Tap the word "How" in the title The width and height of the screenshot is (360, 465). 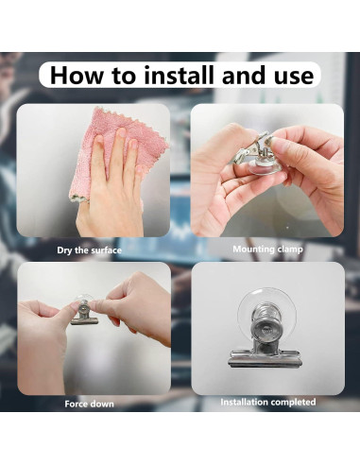(77, 76)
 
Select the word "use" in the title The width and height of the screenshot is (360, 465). (294, 77)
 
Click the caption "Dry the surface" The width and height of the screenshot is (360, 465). (89, 250)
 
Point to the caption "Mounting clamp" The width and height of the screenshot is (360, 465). (267, 250)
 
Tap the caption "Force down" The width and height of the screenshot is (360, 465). (89, 404)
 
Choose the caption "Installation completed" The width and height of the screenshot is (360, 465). (267, 403)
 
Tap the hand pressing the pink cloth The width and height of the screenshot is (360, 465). (111, 186)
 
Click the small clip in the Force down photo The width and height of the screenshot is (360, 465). (84, 315)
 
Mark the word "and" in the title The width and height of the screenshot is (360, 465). (248, 76)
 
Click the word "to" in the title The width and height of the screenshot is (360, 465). (124, 77)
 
